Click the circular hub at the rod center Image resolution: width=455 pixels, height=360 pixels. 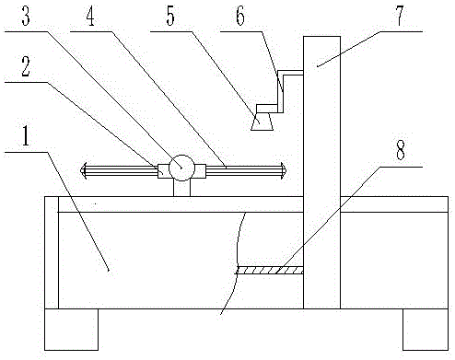pyautogui.click(x=181, y=168)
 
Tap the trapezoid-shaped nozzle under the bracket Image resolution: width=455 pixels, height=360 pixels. pyautogui.click(x=265, y=121)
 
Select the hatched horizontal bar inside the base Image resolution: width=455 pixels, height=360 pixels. pyautogui.click(x=270, y=271)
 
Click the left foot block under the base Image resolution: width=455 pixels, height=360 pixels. pyautogui.click(x=71, y=329)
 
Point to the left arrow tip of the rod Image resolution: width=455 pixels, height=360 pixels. pyautogui.click(x=84, y=168)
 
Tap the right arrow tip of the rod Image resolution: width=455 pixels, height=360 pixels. pyautogui.click(x=285, y=168)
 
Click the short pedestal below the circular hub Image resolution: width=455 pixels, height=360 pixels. pyautogui.click(x=181, y=188)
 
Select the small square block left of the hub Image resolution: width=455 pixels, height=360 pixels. pyautogui.click(x=163, y=168)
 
